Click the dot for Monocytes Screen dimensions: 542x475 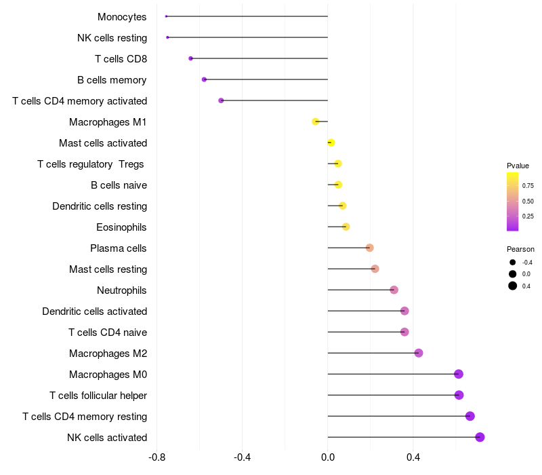pos(166,16)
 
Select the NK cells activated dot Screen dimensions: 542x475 pos(480,437)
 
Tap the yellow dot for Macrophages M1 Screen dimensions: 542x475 pos(315,121)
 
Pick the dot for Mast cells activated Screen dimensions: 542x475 pos(331,142)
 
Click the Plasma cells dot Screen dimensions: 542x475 pos(369,248)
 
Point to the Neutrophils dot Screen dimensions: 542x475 pos(394,290)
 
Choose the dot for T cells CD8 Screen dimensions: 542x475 pos(190,58)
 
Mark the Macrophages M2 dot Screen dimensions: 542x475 pos(419,353)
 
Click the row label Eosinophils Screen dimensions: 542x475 pos(121,227)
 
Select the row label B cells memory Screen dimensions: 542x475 pos(112,80)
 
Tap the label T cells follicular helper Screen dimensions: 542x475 pos(98,396)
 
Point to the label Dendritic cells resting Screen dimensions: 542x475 pos(100,206)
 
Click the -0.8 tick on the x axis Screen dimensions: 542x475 pos(157,457)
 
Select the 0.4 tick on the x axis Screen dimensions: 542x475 pos(413,457)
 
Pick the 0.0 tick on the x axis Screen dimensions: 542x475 pos(328,457)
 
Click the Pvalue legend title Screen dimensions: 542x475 pos(518,166)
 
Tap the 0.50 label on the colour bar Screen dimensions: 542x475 pos(528,201)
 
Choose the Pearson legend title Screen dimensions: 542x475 pos(520,249)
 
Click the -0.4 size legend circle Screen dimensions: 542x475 pos(513,263)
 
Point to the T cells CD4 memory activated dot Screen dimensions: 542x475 pos(221,100)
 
